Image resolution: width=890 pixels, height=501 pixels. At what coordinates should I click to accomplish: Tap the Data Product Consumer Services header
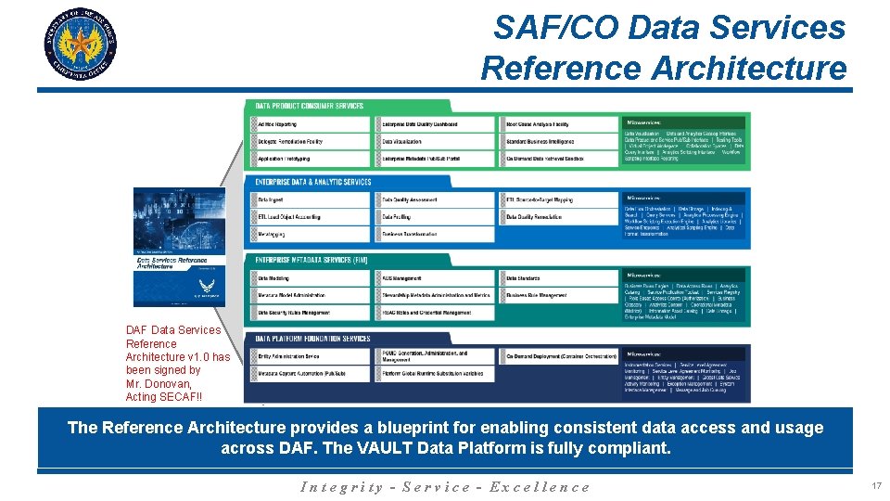[x=310, y=106]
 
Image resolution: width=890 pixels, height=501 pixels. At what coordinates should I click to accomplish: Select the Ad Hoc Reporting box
[x=311, y=123]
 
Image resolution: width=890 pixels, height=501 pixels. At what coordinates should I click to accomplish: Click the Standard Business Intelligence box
[x=560, y=141]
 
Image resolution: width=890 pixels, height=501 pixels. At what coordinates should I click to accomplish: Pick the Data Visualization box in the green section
[x=436, y=141]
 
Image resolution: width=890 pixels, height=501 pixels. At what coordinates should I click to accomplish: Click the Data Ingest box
[x=311, y=199]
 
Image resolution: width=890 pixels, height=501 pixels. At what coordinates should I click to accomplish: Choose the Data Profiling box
[x=436, y=217]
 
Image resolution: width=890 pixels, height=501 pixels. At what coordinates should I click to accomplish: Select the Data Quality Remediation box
[x=560, y=217]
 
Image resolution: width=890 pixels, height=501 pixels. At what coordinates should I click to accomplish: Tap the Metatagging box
[x=311, y=234]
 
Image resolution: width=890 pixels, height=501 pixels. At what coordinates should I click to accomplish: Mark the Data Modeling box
[x=311, y=277]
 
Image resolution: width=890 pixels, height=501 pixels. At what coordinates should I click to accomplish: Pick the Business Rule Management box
[x=560, y=295]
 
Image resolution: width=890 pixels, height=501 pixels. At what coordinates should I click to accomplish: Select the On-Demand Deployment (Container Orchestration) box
[x=560, y=355]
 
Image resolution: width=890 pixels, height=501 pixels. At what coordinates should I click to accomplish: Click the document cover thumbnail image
[x=179, y=247]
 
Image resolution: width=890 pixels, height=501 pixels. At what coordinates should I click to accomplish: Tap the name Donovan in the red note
[x=167, y=383]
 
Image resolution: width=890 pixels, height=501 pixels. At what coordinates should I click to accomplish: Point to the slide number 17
[x=876, y=486]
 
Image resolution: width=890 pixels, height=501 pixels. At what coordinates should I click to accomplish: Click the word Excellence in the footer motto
[x=540, y=487]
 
